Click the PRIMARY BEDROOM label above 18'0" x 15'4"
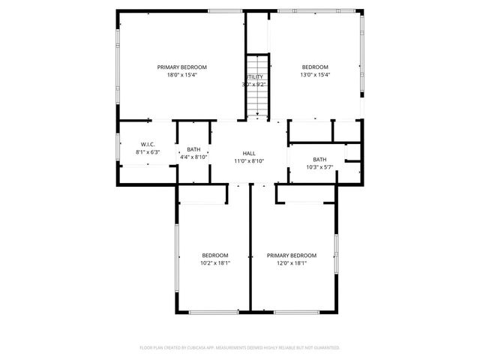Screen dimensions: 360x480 (181, 67)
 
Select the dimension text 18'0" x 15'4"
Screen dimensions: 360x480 (181, 74)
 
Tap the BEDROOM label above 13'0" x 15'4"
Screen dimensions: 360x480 (316, 67)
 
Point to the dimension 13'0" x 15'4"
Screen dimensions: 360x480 (316, 74)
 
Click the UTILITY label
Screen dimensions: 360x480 (254, 76)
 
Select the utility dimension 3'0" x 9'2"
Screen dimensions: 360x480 (254, 84)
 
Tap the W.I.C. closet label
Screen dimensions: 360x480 (148, 144)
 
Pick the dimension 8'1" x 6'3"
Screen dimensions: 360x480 (148, 151)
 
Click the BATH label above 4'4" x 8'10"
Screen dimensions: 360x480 (193, 149)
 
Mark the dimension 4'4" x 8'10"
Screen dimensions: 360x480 (193, 157)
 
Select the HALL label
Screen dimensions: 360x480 (249, 152)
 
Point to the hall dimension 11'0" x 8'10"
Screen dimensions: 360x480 (249, 160)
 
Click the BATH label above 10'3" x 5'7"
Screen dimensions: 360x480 (319, 158)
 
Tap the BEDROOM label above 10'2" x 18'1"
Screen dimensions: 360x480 (214, 255)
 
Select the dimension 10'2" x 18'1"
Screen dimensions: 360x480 (214, 263)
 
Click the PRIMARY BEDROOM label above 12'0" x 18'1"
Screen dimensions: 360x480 (292, 255)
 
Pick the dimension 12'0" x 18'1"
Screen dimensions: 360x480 (292, 263)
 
